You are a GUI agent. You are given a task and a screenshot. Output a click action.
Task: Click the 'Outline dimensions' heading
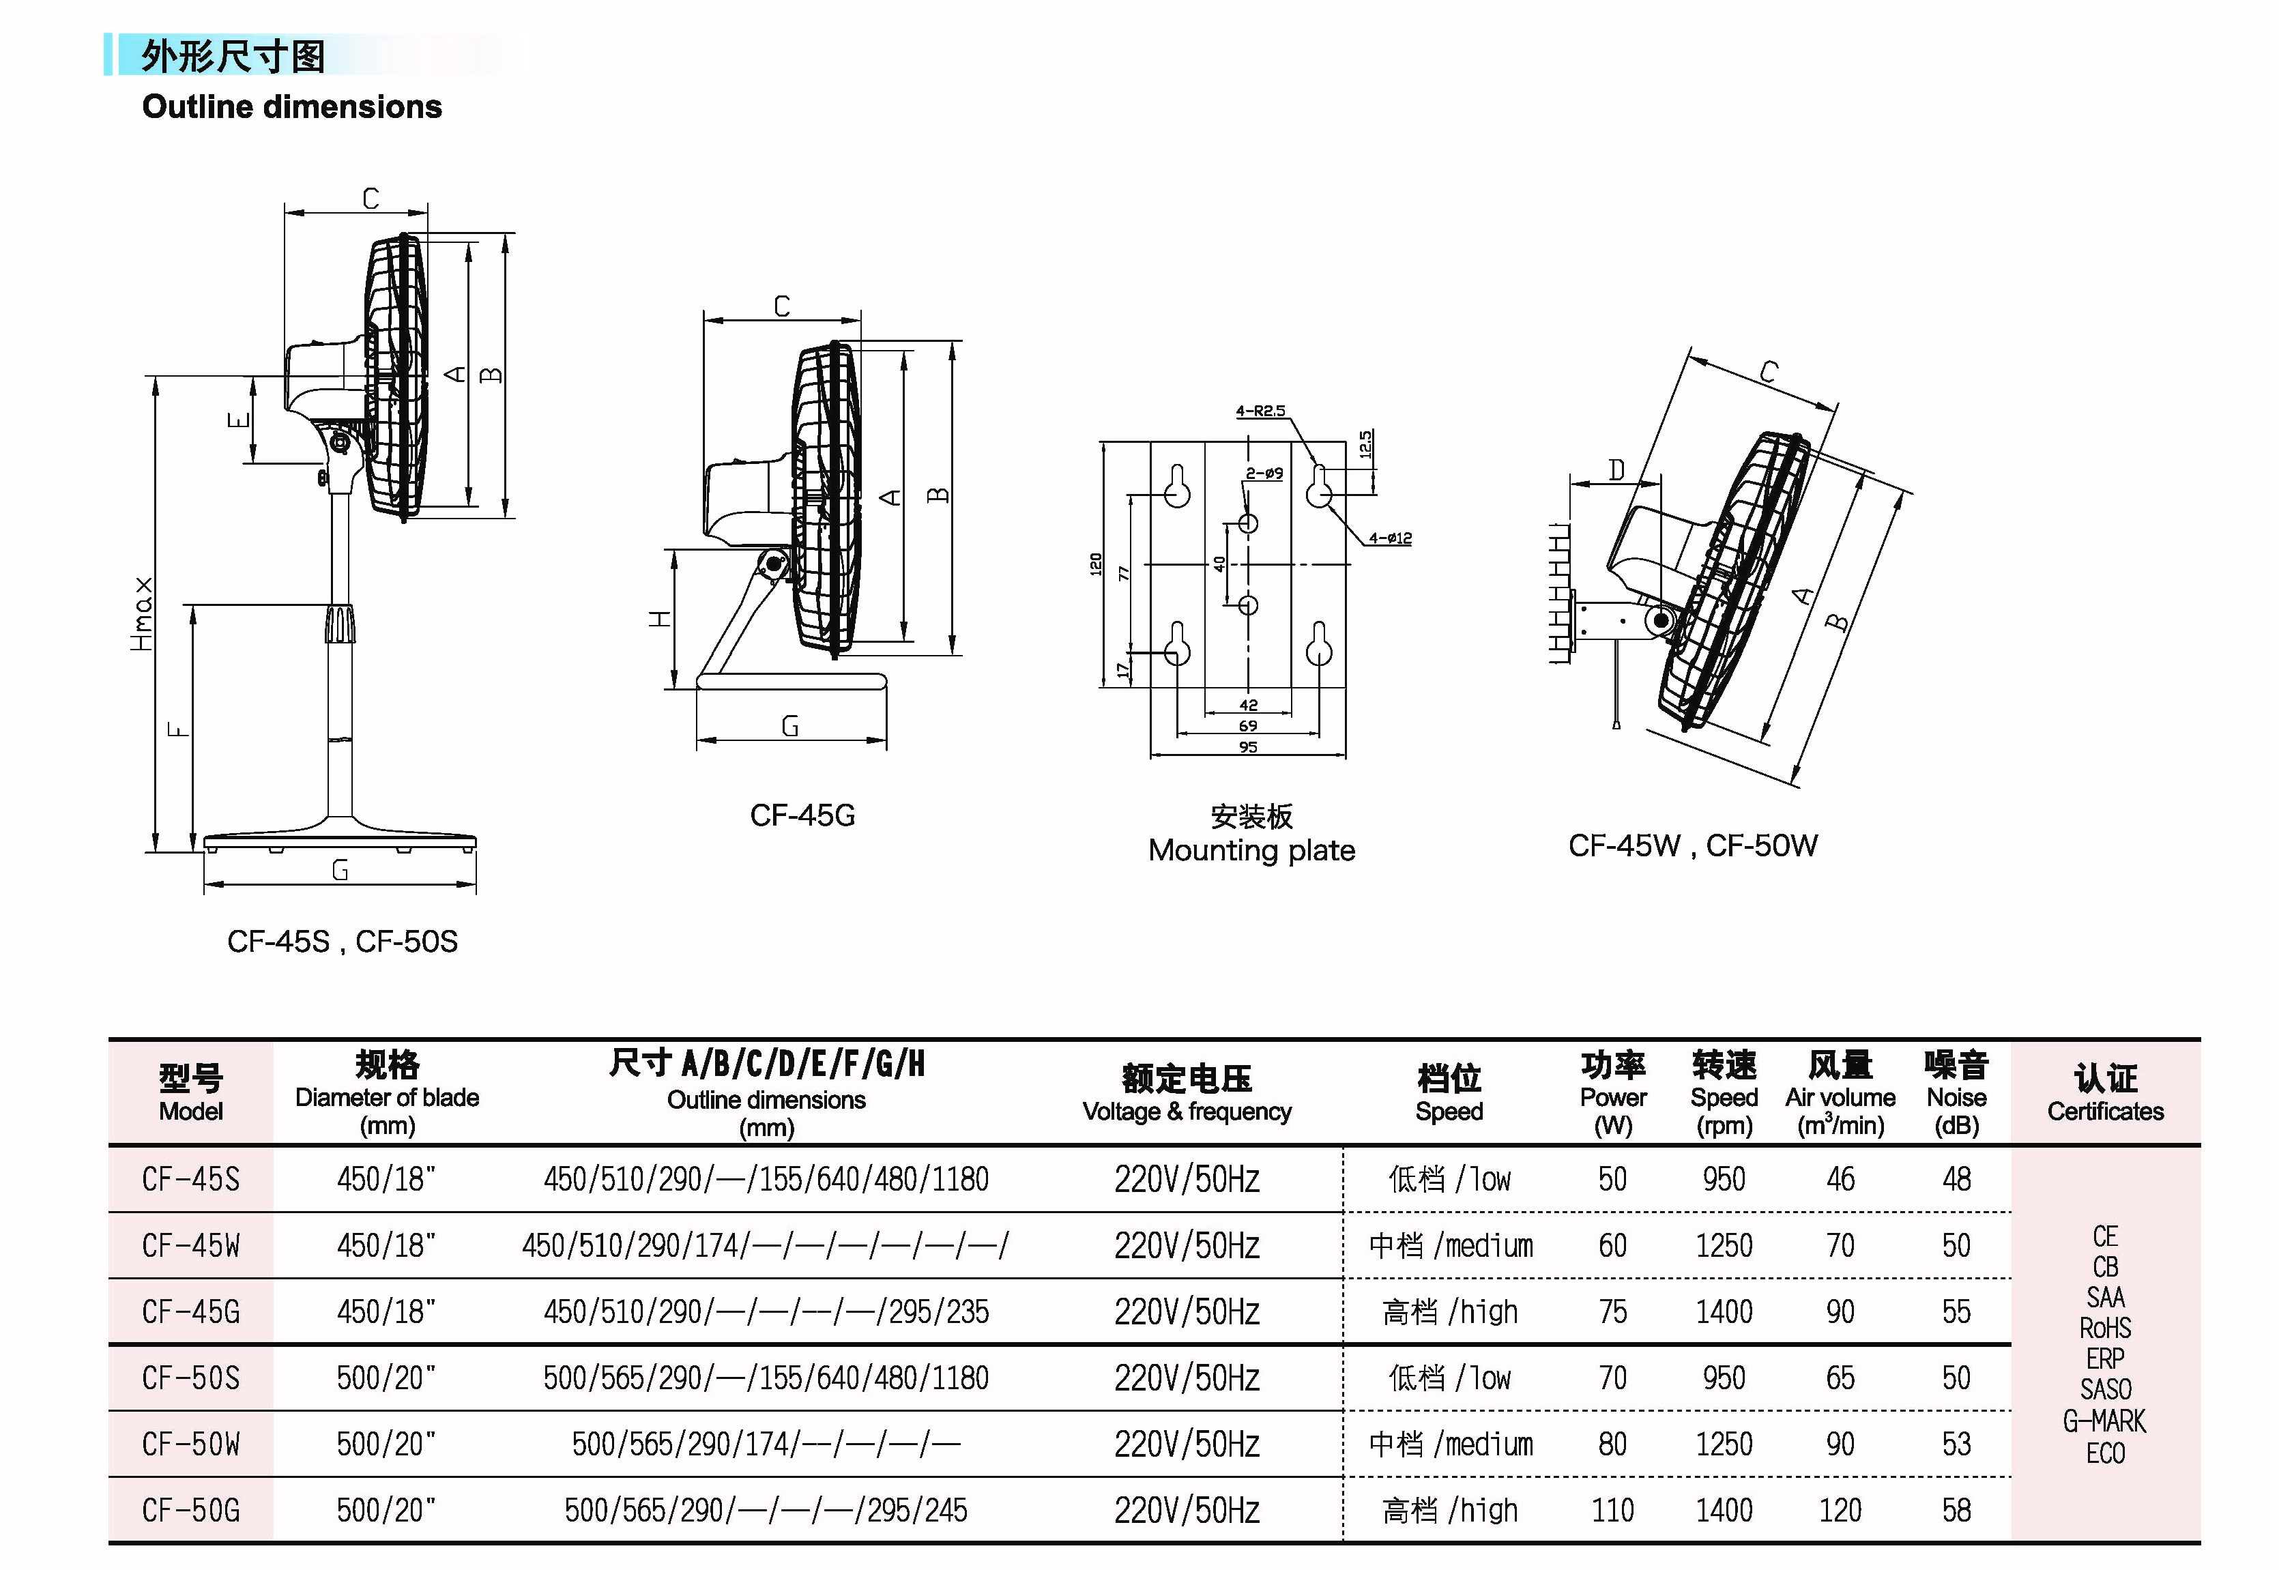point(292,106)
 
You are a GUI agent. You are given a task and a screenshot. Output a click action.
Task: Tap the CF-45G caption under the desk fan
point(802,815)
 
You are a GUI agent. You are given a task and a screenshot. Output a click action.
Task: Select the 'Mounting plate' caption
point(1251,850)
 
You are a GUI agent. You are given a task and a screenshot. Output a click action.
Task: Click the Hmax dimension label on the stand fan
point(142,614)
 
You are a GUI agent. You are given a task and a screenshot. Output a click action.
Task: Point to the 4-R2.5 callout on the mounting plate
point(1260,411)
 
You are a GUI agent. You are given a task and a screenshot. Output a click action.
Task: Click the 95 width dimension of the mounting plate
point(1248,746)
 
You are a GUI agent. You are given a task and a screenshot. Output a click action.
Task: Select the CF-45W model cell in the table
point(191,1245)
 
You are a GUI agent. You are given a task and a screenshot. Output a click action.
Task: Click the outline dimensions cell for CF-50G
point(766,1510)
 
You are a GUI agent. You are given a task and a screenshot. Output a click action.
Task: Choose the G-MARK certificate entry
point(2105,1421)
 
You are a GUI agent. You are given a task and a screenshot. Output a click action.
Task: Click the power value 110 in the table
point(1613,1510)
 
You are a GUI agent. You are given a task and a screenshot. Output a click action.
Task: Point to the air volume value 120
point(1840,1510)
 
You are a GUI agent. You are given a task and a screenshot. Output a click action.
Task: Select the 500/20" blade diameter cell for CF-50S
point(386,1377)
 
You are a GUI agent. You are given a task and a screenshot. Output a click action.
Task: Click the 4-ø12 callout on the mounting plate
point(1390,538)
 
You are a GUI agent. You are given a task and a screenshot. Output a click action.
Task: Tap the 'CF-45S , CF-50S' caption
point(343,942)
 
